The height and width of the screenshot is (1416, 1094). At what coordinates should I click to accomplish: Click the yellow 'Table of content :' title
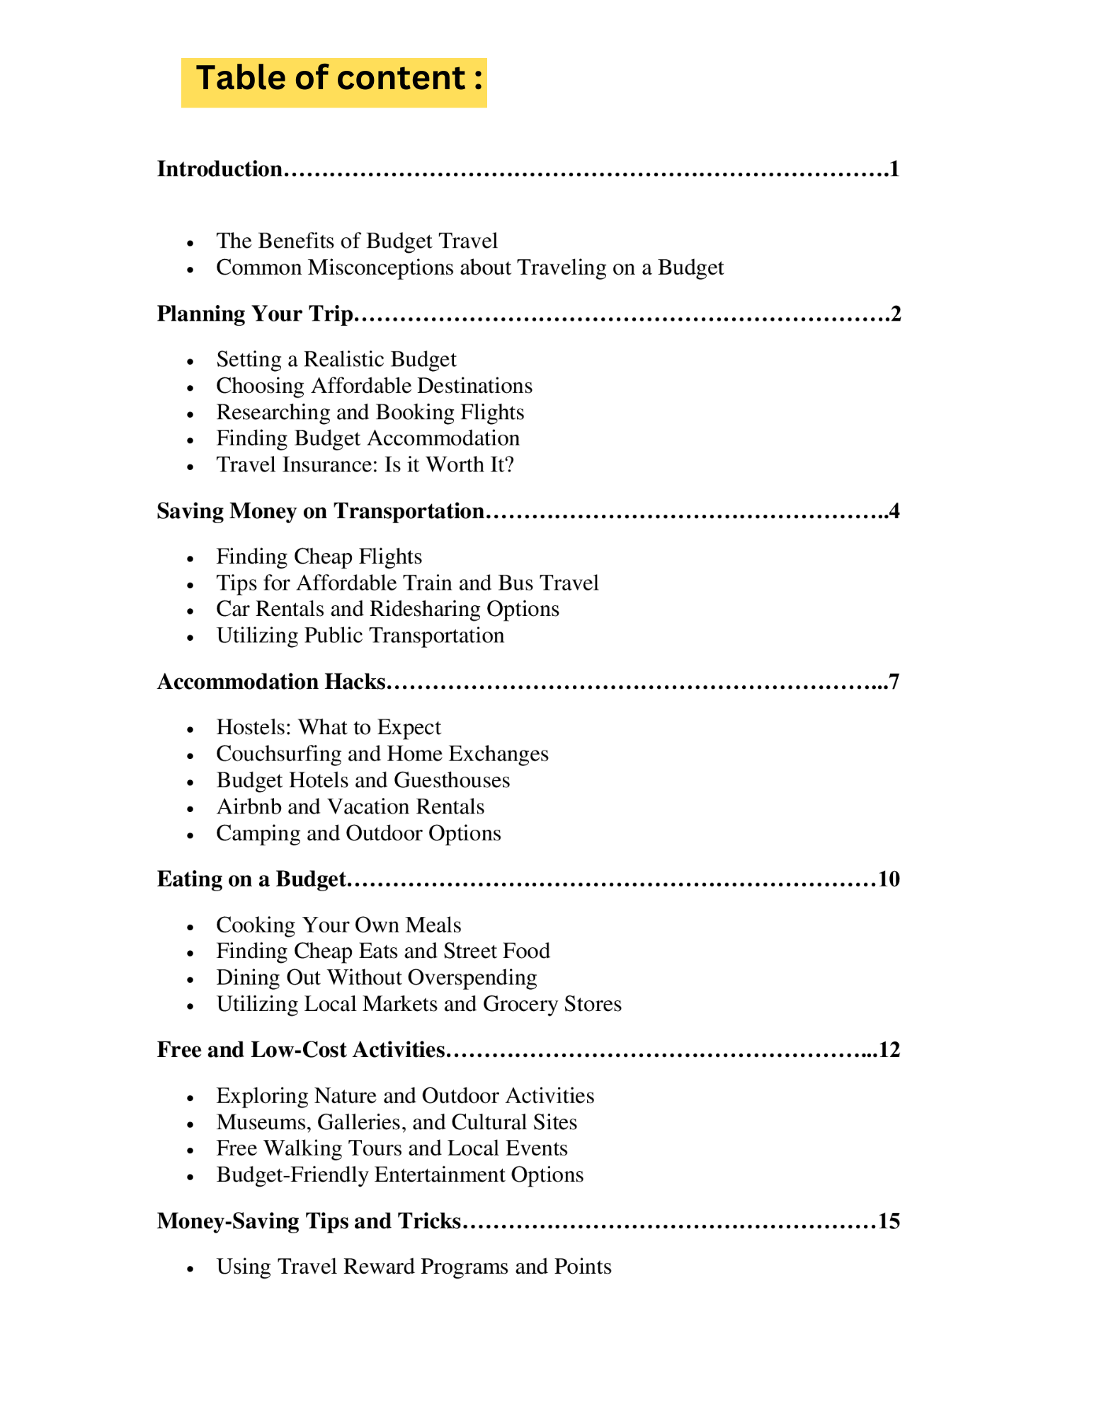coord(334,79)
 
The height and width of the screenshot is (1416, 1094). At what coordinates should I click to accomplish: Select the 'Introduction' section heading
coord(219,169)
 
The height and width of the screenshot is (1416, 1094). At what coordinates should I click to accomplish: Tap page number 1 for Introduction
coord(894,169)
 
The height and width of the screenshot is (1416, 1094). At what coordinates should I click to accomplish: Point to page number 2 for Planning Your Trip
coord(896,314)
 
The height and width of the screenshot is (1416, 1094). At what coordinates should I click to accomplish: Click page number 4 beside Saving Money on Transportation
coord(894,511)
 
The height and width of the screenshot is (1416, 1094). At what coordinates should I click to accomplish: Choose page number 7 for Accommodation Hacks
coord(894,682)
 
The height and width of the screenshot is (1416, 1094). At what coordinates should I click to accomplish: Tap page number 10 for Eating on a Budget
coord(889,879)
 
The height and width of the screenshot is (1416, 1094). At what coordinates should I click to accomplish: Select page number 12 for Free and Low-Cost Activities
coord(889,1050)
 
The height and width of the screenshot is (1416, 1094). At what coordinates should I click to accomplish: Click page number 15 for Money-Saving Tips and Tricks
coord(889,1221)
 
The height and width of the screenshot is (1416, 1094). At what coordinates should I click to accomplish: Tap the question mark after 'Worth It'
coord(508,465)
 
